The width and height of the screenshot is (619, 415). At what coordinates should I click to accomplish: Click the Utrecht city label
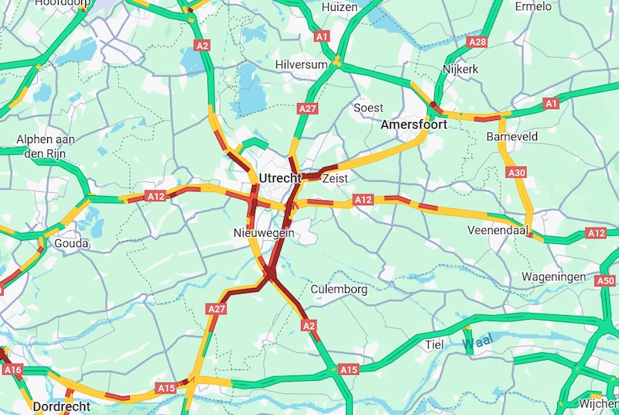tap(280, 179)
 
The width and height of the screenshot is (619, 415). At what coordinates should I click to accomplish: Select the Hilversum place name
tap(303, 65)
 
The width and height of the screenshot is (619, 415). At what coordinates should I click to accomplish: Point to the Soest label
tap(368, 108)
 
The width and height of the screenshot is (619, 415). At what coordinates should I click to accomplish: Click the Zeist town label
tap(335, 179)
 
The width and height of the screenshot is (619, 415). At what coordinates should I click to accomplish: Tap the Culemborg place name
tap(339, 290)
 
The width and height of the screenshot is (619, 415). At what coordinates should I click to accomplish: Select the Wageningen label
tap(553, 276)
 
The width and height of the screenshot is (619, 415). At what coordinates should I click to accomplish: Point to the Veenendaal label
tap(498, 231)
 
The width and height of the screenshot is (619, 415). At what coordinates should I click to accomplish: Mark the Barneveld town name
tap(512, 136)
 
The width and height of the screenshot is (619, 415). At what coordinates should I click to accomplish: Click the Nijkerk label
tap(460, 70)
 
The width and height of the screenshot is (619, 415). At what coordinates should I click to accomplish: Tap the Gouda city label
tap(71, 243)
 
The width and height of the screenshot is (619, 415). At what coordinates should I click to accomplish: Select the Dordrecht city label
tap(61, 406)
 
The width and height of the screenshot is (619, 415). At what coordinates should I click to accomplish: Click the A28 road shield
tap(477, 42)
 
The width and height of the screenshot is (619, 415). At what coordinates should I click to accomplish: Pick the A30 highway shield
tap(518, 173)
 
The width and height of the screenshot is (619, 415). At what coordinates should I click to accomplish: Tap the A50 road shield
tap(608, 281)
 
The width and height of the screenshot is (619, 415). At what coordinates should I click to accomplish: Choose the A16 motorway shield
tap(12, 370)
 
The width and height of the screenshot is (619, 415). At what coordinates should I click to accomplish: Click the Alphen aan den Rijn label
tap(46, 146)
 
